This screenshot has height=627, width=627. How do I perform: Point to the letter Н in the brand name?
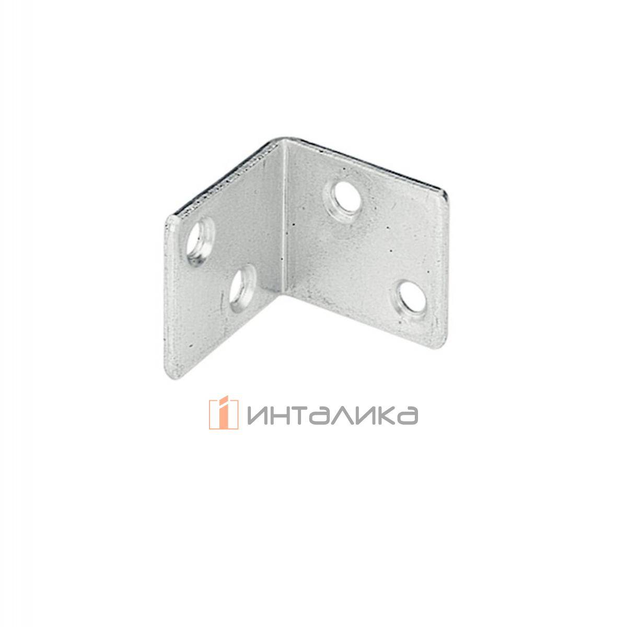point(281,414)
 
